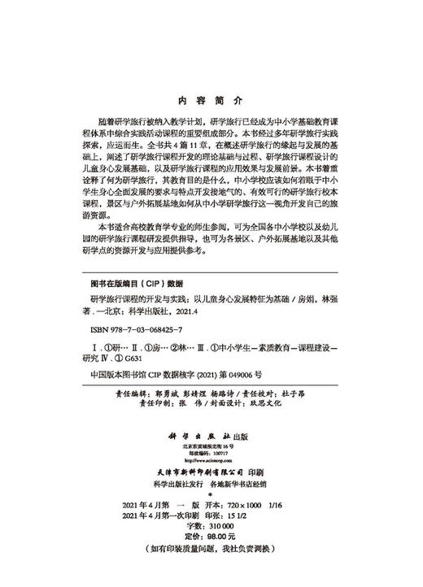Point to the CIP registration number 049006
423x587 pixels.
236,376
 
